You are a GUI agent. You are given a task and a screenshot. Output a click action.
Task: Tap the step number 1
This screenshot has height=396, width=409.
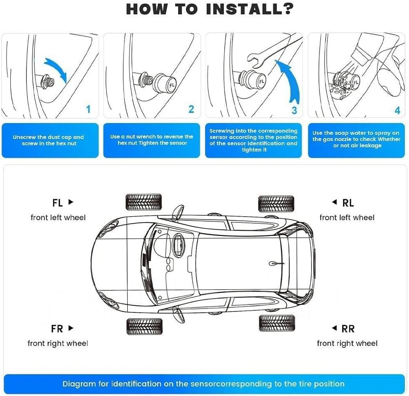point(88,109)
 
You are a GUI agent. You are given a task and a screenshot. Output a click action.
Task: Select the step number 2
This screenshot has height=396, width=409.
point(191,109)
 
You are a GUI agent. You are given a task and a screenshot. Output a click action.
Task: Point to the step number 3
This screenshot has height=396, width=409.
point(294,110)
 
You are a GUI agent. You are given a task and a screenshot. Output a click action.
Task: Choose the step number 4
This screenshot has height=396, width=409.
point(397,111)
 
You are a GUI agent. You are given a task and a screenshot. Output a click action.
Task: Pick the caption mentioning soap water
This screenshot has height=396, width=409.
point(356,140)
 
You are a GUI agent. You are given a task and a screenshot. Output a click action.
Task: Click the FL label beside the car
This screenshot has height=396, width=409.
point(58,203)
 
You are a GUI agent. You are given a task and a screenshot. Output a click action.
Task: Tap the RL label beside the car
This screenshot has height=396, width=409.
point(348,203)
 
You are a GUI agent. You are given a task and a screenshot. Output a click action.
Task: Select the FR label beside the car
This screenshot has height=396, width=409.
point(57,329)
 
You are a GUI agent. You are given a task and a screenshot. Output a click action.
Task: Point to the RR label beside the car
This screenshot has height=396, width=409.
point(348,329)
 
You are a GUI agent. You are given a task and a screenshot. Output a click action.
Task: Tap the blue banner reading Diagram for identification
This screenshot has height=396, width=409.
point(203,384)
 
